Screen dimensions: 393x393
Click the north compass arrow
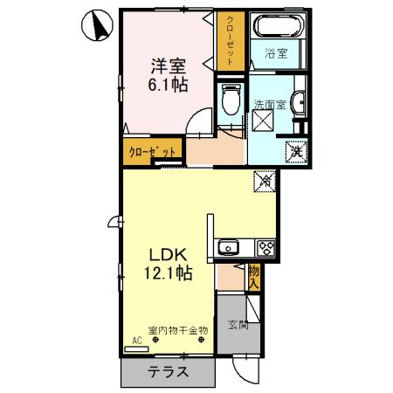[x=99, y=27]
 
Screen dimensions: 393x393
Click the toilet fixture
[x=231, y=102]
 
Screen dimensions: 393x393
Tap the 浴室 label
[x=278, y=53]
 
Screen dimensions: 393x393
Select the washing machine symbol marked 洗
[x=297, y=149]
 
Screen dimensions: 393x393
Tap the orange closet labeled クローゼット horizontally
[x=152, y=150]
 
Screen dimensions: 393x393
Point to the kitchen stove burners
[x=265, y=247]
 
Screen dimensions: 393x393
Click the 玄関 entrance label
[x=238, y=327]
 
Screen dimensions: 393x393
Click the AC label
[x=136, y=341]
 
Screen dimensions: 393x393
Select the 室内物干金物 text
[x=178, y=330]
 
